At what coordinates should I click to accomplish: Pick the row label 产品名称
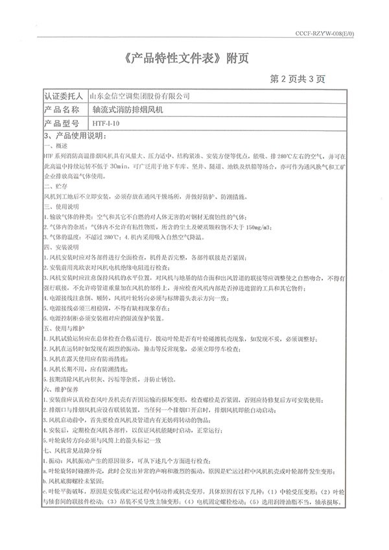64,109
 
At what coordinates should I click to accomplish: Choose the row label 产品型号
64,122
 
